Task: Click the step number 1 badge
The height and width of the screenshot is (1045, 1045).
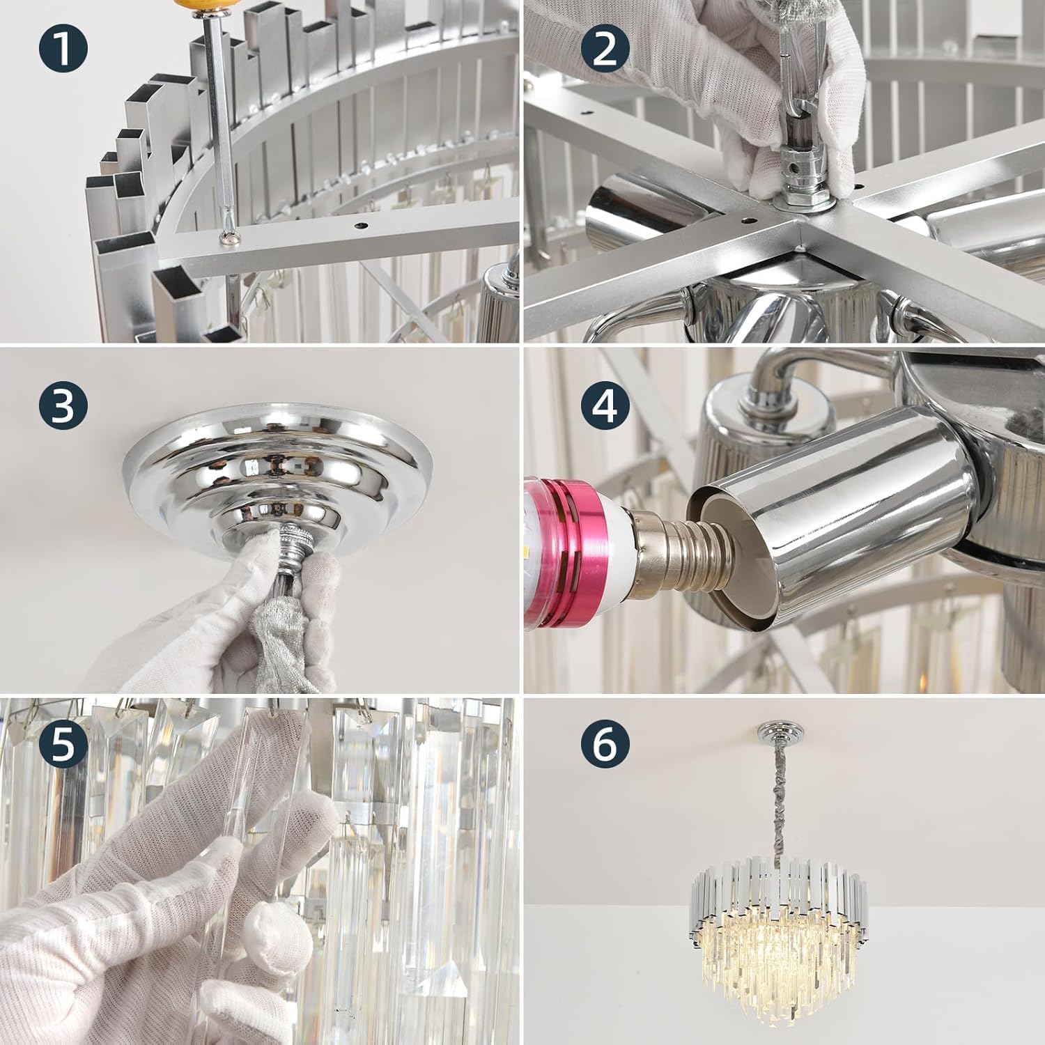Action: click(63, 51)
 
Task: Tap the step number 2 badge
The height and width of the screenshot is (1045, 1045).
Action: click(605, 51)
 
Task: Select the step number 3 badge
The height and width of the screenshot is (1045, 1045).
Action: click(63, 405)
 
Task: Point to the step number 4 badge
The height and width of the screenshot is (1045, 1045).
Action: click(605, 405)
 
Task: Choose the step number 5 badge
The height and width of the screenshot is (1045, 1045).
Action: click(63, 744)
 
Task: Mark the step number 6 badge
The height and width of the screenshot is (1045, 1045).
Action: click(605, 744)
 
